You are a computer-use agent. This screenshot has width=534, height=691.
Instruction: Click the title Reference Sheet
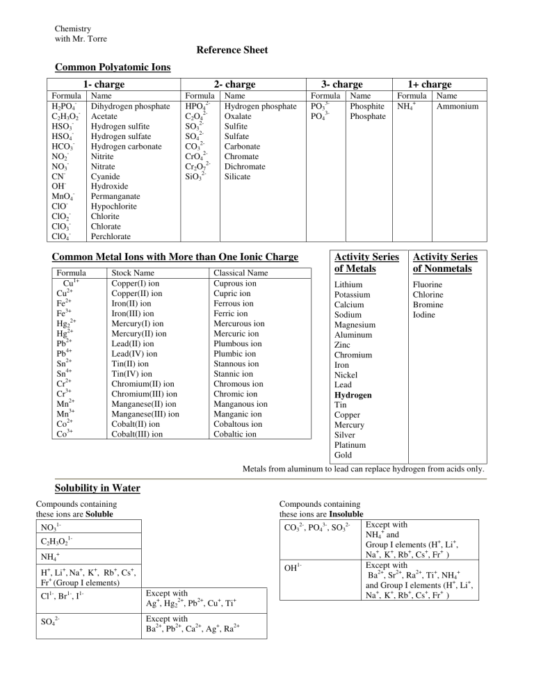coord(232,50)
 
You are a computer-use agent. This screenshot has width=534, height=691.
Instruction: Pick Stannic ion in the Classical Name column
coord(236,373)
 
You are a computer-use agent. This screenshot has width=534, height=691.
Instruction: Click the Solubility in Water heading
coord(97,489)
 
